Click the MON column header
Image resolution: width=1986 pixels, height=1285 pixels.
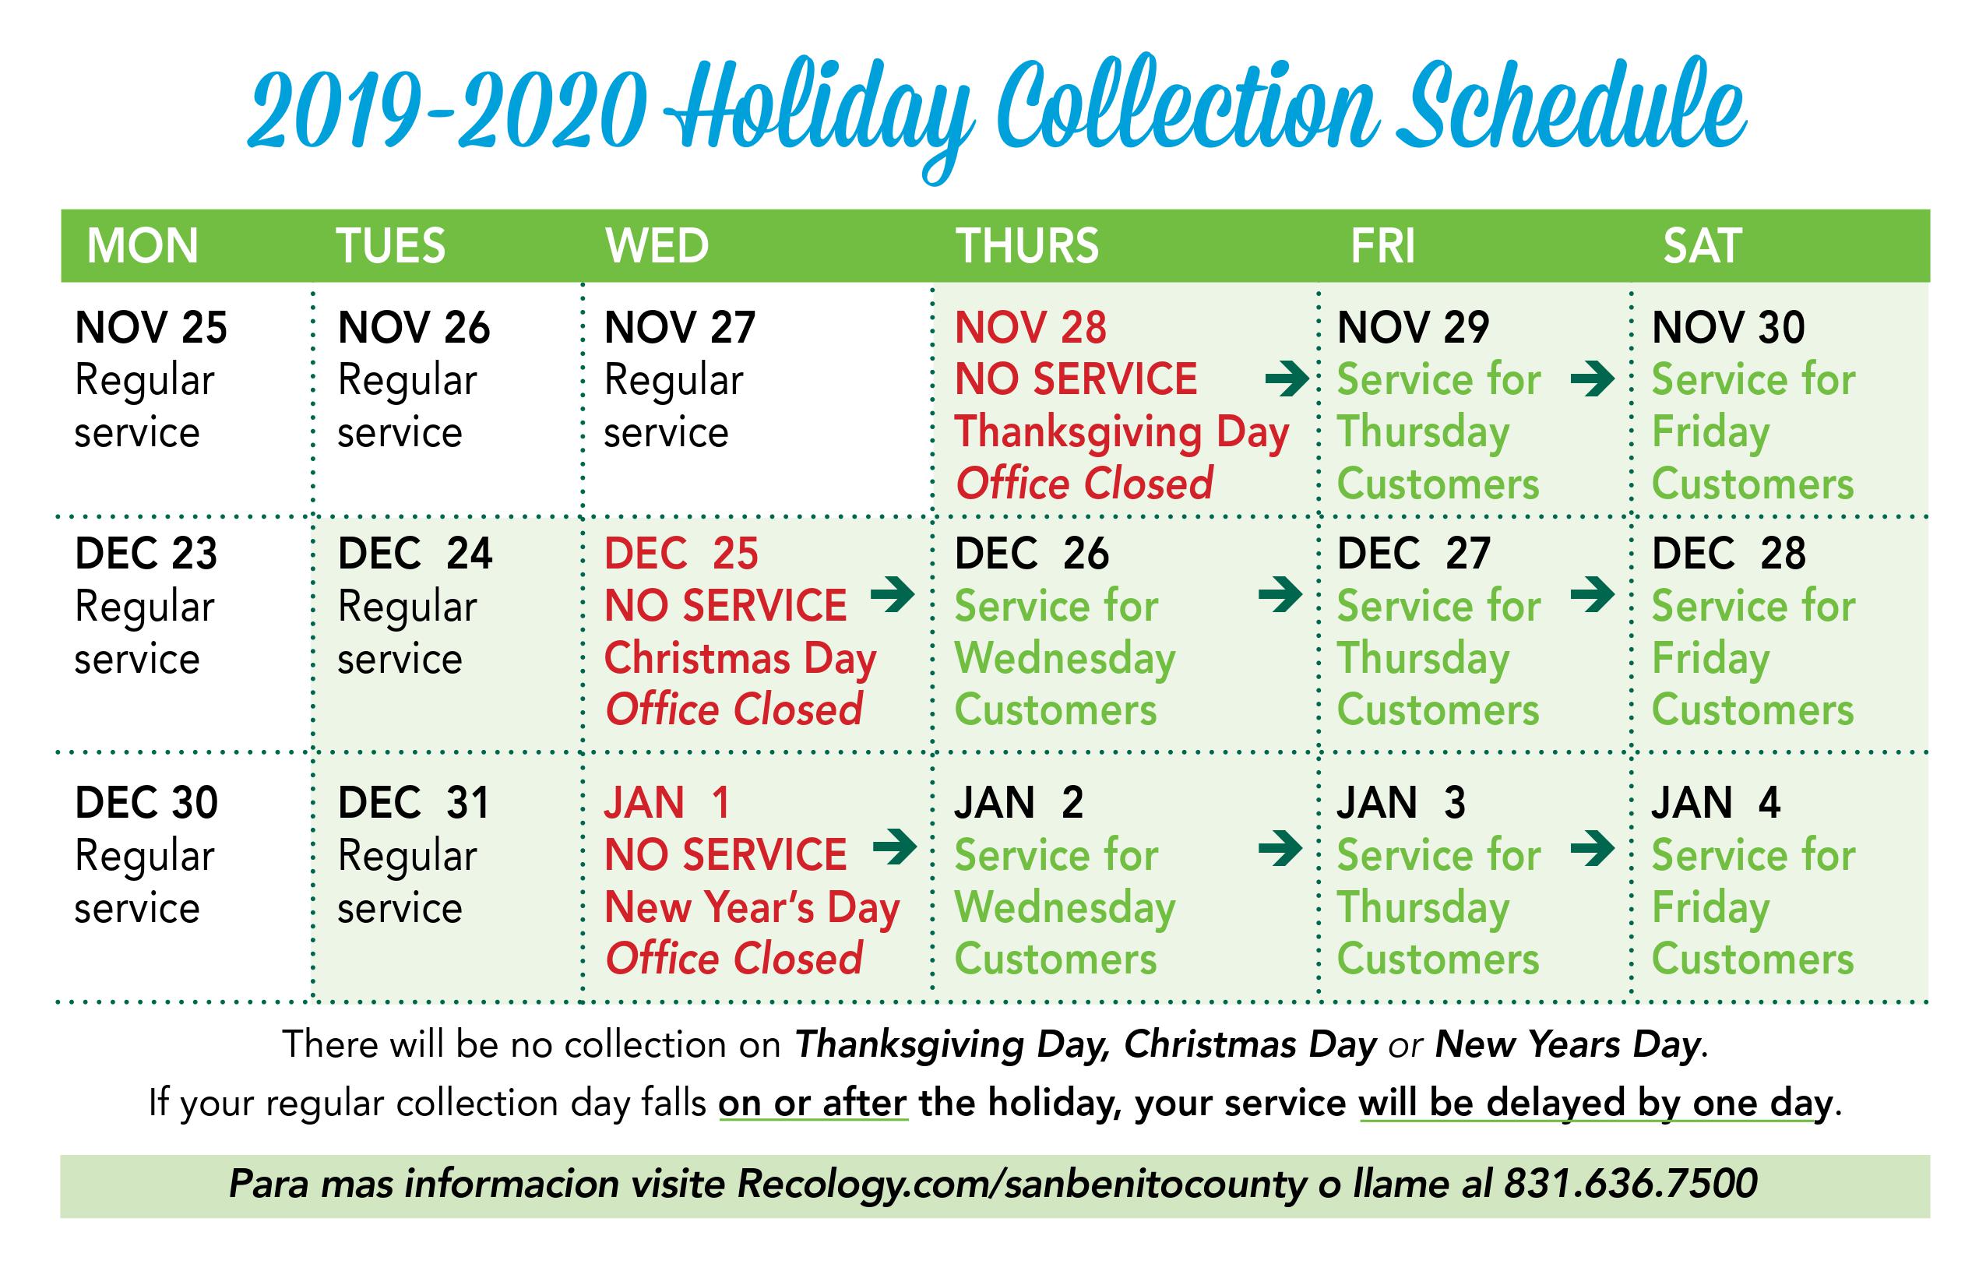click(x=143, y=246)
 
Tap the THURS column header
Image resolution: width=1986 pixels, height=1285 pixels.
click(x=1027, y=246)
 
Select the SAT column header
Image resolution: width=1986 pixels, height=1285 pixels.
click(x=1703, y=246)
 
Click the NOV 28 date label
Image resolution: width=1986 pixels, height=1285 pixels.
click(x=1030, y=327)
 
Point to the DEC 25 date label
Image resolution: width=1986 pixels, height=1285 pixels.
click(x=681, y=553)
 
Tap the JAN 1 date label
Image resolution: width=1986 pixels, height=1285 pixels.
click(x=667, y=803)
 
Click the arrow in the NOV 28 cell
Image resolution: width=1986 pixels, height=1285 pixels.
click(x=1287, y=378)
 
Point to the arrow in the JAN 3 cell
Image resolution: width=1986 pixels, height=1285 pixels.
click(x=1592, y=850)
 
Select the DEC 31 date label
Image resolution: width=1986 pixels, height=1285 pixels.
click(x=413, y=803)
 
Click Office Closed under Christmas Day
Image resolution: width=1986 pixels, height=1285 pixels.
click(x=734, y=710)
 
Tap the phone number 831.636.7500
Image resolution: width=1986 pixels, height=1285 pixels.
click(x=1632, y=1184)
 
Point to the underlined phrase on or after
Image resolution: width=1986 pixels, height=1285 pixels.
click(x=812, y=1103)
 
